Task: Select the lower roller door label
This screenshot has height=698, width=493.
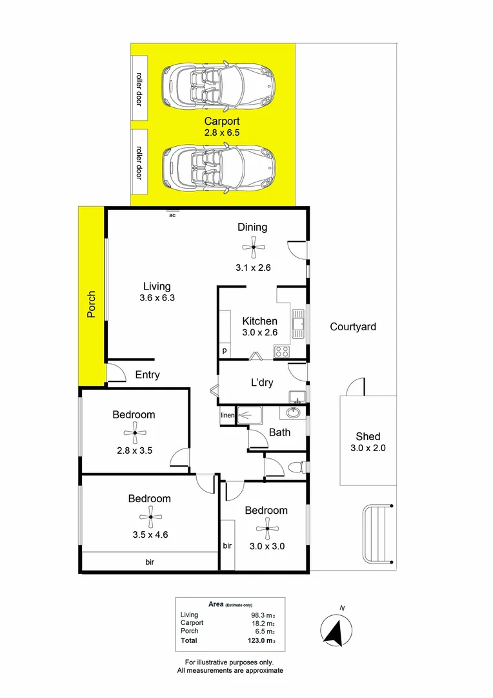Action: click(139, 162)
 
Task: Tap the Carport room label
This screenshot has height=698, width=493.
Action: click(222, 121)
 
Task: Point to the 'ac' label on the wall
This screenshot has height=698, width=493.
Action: click(172, 215)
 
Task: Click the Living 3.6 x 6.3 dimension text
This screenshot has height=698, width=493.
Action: click(157, 298)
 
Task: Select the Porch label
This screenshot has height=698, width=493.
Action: click(92, 304)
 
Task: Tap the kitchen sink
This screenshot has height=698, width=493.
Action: click(298, 323)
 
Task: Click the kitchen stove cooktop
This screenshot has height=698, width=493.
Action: click(282, 352)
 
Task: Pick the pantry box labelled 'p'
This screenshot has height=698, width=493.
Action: click(225, 351)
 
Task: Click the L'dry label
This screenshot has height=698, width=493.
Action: click(261, 383)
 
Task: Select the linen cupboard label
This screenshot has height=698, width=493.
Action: click(227, 415)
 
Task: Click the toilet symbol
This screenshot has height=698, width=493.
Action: click(296, 467)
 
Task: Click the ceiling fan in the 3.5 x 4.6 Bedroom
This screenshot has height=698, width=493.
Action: click(149, 516)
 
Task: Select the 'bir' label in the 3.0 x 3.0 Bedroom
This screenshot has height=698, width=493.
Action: click(227, 546)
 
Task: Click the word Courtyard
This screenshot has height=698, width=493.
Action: click(352, 327)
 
